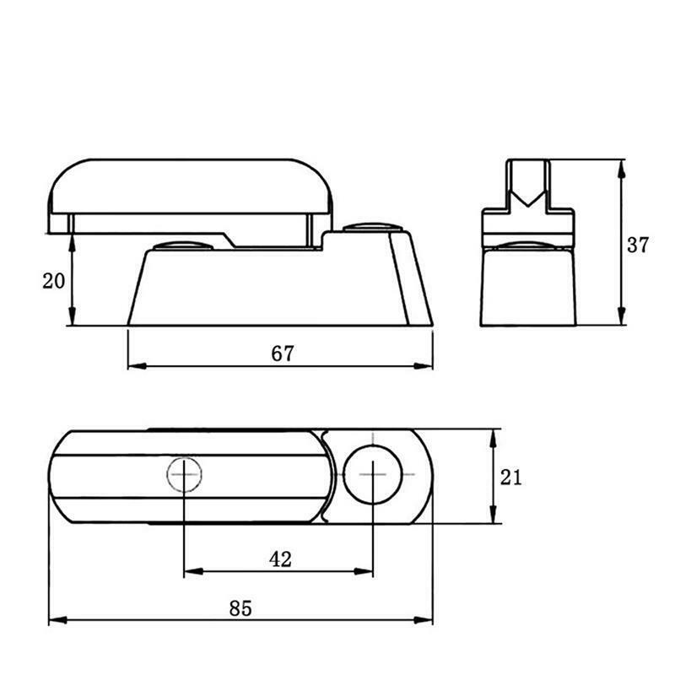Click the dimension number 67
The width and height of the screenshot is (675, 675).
point(283,353)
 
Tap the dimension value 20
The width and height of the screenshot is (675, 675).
point(53,281)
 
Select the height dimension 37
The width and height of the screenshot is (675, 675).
point(637,245)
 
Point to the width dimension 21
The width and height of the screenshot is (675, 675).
point(510,478)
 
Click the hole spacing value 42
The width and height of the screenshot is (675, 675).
point(280,559)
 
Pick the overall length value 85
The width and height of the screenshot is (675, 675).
point(240,608)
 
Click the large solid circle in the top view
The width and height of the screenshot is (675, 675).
point(373,474)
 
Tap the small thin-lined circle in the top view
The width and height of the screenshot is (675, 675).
point(184,474)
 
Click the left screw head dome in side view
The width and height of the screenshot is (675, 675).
point(183,246)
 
